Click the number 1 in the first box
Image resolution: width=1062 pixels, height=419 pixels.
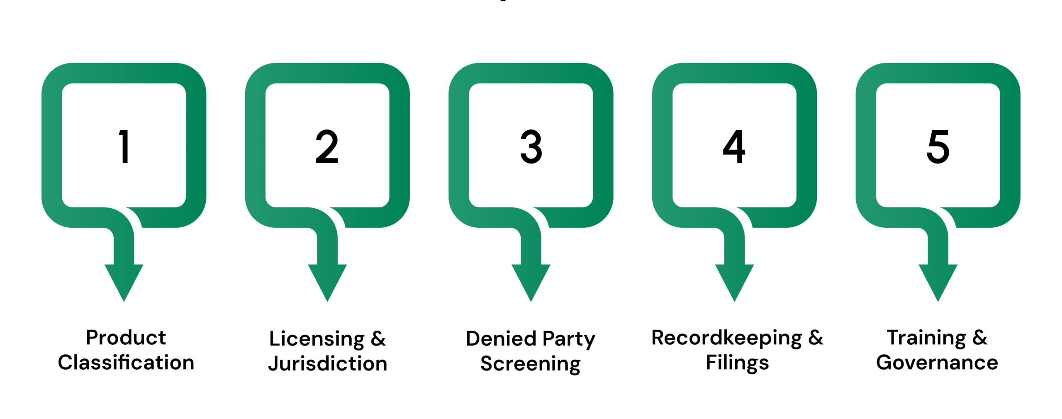coord(124,146)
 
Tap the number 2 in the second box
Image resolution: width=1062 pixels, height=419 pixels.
coord(327,146)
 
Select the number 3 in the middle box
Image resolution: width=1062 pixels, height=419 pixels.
coord(531,146)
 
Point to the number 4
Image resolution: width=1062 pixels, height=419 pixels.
coord(734,146)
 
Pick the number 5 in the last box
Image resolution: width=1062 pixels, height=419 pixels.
coord(938,146)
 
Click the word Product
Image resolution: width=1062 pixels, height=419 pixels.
coord(126,338)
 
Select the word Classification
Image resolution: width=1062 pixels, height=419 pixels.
coord(126,363)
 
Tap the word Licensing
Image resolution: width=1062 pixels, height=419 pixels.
coord(317,339)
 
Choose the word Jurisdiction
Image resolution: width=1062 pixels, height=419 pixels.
coord(328,364)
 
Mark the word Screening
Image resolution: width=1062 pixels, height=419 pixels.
coord(531,364)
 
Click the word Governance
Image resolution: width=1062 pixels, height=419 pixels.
coord(937,363)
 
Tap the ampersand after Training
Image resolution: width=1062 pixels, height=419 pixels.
coord(980,338)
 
